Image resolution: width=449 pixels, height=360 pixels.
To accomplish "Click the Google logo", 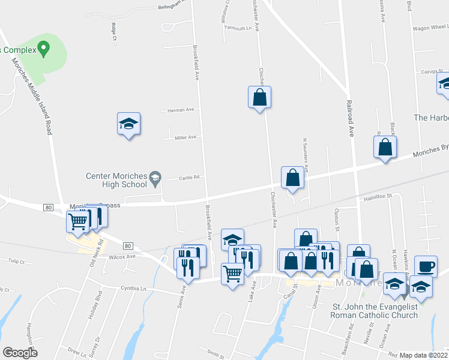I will (x=20, y=353).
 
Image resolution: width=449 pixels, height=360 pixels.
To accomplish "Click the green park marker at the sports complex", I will (x=43, y=48).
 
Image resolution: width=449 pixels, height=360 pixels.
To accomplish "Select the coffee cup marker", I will (x=426, y=266).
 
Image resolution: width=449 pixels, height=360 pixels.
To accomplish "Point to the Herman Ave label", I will (x=181, y=110).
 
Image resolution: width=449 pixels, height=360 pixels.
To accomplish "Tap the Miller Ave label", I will (x=185, y=137).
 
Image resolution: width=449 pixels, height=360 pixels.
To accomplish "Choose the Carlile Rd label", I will (x=189, y=178).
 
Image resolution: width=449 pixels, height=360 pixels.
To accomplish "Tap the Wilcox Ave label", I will (x=122, y=256).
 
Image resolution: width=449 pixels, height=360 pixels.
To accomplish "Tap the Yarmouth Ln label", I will (x=238, y=28).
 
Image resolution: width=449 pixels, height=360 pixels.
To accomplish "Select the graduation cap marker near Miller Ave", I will (x=128, y=124).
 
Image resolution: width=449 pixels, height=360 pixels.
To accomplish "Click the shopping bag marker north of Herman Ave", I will (x=260, y=97).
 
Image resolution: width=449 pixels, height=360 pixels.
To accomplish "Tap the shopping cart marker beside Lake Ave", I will (x=232, y=274).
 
